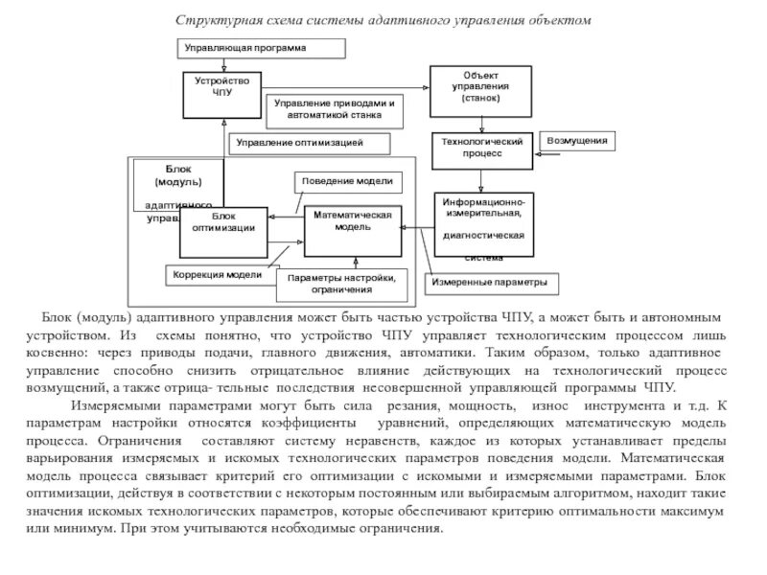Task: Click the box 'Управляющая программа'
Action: coord(245,47)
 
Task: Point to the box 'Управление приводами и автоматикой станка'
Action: coord(334,107)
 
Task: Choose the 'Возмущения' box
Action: coord(576,142)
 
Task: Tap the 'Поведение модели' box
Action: coord(346,181)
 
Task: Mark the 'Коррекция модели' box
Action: coord(217,275)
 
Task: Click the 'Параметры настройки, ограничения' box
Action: coord(341,284)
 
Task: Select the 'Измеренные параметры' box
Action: coord(489,283)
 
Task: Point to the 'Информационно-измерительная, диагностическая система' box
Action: coord(483,226)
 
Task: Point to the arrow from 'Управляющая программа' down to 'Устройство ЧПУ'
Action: coord(223,63)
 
